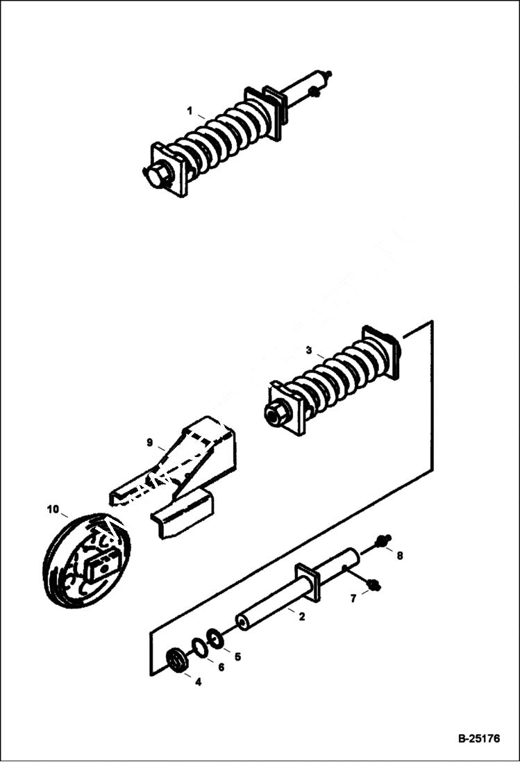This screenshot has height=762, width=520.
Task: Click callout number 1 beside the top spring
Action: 189,111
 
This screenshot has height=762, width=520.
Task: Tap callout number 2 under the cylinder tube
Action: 301,615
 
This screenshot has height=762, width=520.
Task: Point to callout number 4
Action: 198,682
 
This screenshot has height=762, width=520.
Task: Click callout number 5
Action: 237,656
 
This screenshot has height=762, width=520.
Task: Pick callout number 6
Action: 221,668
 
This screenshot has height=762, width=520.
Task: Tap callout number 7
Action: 353,598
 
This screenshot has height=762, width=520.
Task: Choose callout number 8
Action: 399,556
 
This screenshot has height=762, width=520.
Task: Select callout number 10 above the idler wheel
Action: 53,509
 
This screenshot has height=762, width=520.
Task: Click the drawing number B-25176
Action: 478,738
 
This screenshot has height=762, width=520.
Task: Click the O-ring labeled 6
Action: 199,647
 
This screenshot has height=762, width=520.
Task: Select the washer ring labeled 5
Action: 215,638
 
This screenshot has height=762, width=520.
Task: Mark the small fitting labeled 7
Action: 374,585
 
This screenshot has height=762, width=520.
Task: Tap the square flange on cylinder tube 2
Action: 308,581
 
